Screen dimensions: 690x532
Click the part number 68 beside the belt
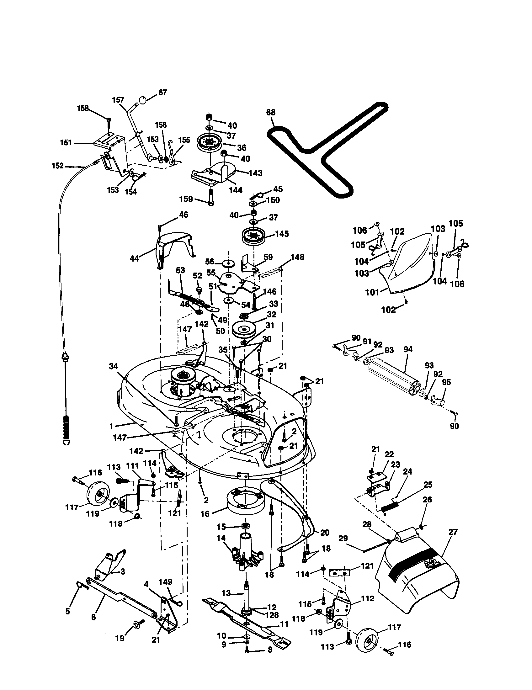pos(271,113)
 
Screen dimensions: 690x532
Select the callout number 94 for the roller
pos(408,349)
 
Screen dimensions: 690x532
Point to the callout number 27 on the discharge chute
pos(453,532)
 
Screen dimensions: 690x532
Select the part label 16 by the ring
pos(205,514)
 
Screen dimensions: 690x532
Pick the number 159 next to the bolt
pos(186,199)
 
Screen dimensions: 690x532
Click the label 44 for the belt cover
pos(134,259)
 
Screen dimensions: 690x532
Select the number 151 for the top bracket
pos(66,143)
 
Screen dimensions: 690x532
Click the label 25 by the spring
pos(428,485)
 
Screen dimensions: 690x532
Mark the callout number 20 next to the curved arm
pos(325,533)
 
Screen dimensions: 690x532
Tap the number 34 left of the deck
pos(113,366)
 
